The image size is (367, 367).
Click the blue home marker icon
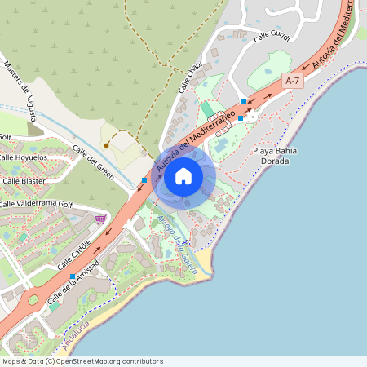[183, 175]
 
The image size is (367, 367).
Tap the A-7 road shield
[293, 80]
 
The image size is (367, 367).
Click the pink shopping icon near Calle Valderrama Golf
[100, 219]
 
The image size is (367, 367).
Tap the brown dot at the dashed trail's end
[107, 145]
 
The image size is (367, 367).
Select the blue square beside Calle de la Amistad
[73, 276]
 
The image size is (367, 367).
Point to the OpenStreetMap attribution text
[82, 360]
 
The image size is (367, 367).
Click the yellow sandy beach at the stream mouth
[200, 263]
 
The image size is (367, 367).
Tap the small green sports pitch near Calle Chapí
[209, 109]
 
